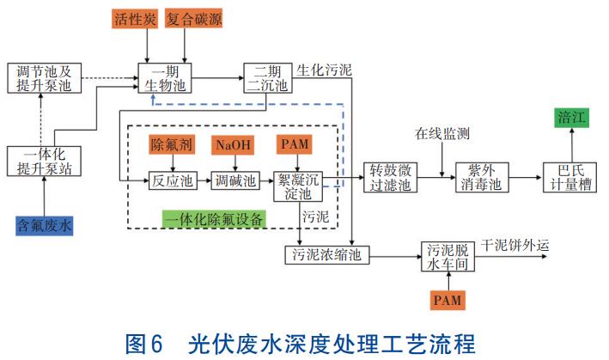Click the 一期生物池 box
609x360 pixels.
click(164, 77)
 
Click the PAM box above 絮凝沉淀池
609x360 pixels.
click(295, 143)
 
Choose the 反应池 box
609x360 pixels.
click(171, 181)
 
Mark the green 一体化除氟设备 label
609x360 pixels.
click(215, 218)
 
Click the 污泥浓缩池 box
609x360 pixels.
click(319, 255)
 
